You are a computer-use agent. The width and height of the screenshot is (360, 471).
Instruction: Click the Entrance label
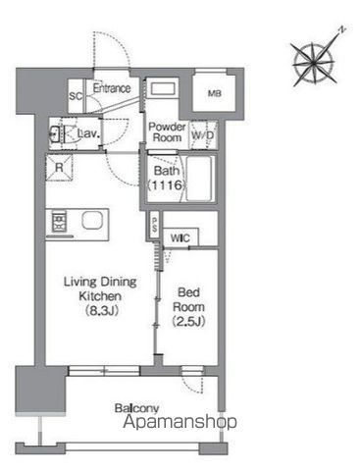(113, 88)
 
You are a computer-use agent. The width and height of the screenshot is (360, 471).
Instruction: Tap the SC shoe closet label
(76, 96)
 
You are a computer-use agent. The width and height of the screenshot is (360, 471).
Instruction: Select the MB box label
(214, 93)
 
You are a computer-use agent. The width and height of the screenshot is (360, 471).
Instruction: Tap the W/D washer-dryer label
(204, 134)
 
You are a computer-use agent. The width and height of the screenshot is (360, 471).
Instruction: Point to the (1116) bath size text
(164, 184)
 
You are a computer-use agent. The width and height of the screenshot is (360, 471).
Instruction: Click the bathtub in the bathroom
(204, 179)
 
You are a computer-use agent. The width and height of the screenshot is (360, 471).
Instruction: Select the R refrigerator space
(61, 167)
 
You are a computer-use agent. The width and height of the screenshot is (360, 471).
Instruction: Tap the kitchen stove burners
(57, 218)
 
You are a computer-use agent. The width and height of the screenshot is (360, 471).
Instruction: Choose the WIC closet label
(180, 236)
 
